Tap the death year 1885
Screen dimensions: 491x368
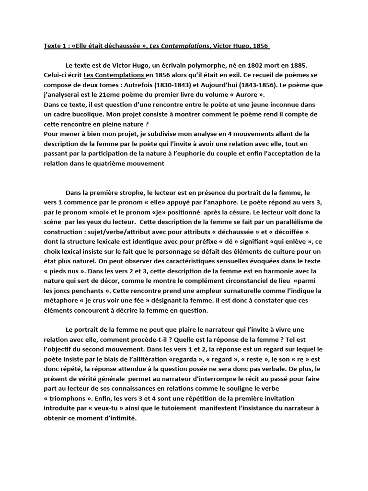point(315,65)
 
